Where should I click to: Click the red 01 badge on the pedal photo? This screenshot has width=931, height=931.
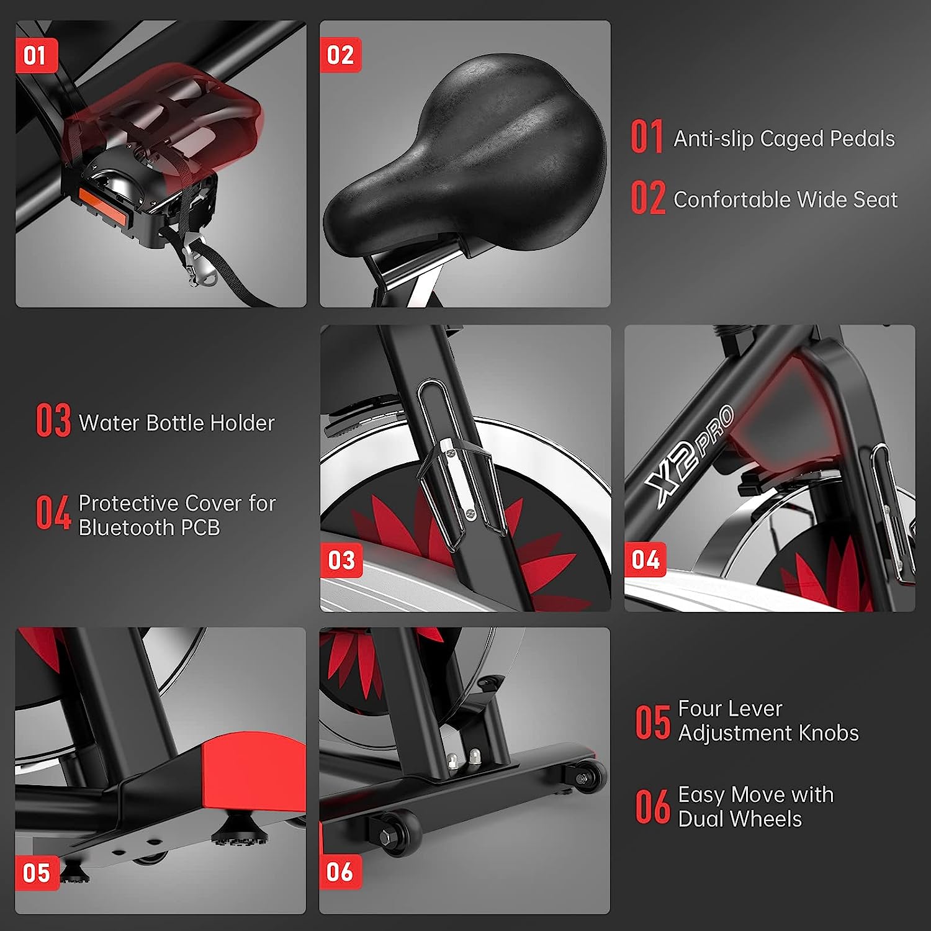(36, 55)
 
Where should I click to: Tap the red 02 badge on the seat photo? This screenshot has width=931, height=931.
(340, 55)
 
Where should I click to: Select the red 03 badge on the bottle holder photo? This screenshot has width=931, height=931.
(341, 560)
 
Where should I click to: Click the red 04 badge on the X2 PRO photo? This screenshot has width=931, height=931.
(645, 560)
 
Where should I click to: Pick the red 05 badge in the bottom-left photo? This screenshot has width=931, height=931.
(36, 873)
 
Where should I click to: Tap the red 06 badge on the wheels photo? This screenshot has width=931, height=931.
(340, 871)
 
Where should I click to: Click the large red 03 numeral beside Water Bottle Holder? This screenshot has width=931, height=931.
(53, 421)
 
